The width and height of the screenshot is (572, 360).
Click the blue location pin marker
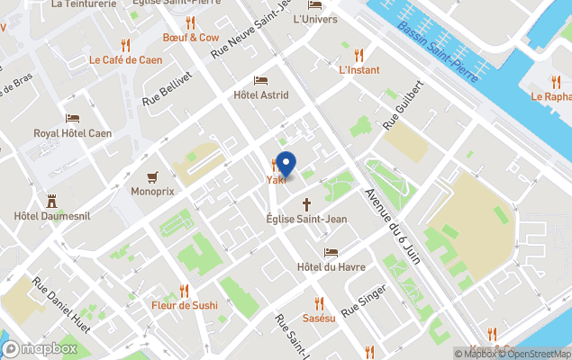coord(286,166)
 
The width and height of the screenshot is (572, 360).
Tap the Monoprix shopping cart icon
coord(153,175)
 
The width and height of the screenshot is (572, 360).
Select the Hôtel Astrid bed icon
coord(261,80)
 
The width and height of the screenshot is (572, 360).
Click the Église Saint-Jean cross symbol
coord(306,203)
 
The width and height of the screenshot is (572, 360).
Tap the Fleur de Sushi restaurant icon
coord(185,290)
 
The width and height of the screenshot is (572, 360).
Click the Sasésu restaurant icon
coord(319,303)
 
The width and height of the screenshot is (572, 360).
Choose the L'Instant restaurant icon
coord(359,54)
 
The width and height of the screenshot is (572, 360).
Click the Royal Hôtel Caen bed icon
coord(72,118)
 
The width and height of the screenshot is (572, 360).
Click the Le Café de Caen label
coord(124,60)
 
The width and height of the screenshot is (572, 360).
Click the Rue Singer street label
coord(364,300)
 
